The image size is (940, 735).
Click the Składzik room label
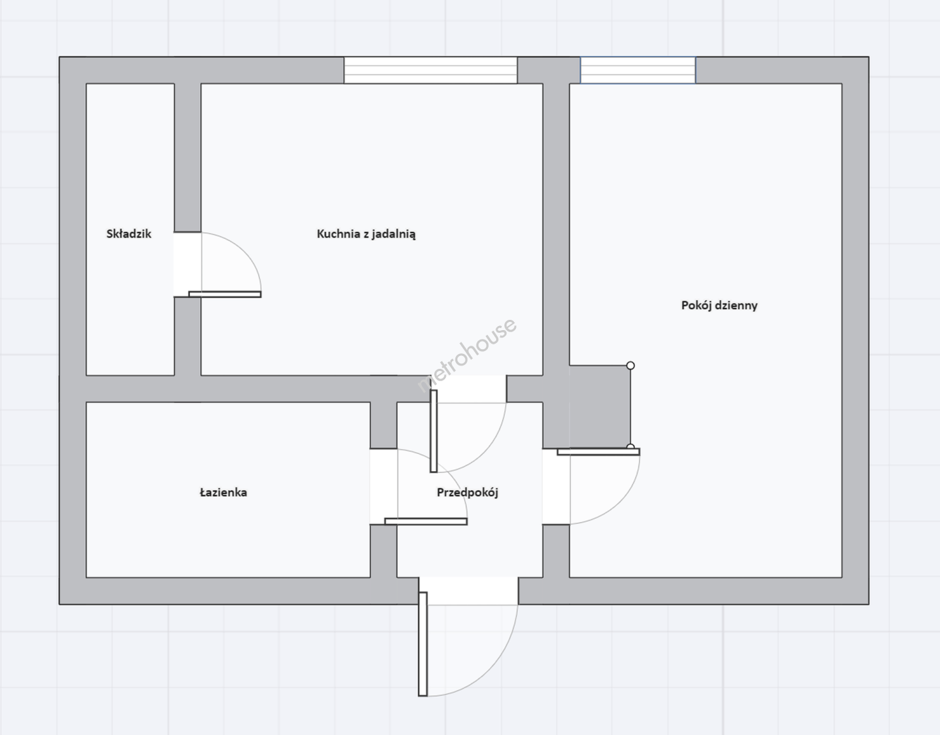129,234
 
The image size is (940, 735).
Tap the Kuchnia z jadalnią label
366,234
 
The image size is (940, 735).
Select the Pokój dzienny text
719,306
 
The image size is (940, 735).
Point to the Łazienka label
223,493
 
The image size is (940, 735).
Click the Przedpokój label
467,493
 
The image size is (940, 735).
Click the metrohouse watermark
467,355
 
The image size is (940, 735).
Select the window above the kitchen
430,70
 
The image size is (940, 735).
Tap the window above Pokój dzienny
638,70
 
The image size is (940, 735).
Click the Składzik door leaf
225,295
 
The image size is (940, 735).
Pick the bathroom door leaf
426,521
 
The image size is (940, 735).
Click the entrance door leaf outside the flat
423,644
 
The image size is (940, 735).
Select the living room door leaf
599,452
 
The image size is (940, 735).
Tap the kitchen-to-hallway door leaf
434,431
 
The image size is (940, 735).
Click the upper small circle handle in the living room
631,365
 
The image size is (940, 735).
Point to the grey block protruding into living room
600,406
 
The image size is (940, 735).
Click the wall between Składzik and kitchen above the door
188,157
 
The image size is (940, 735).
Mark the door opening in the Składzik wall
188,264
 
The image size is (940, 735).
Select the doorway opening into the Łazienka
384,487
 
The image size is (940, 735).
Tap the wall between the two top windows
549,70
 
